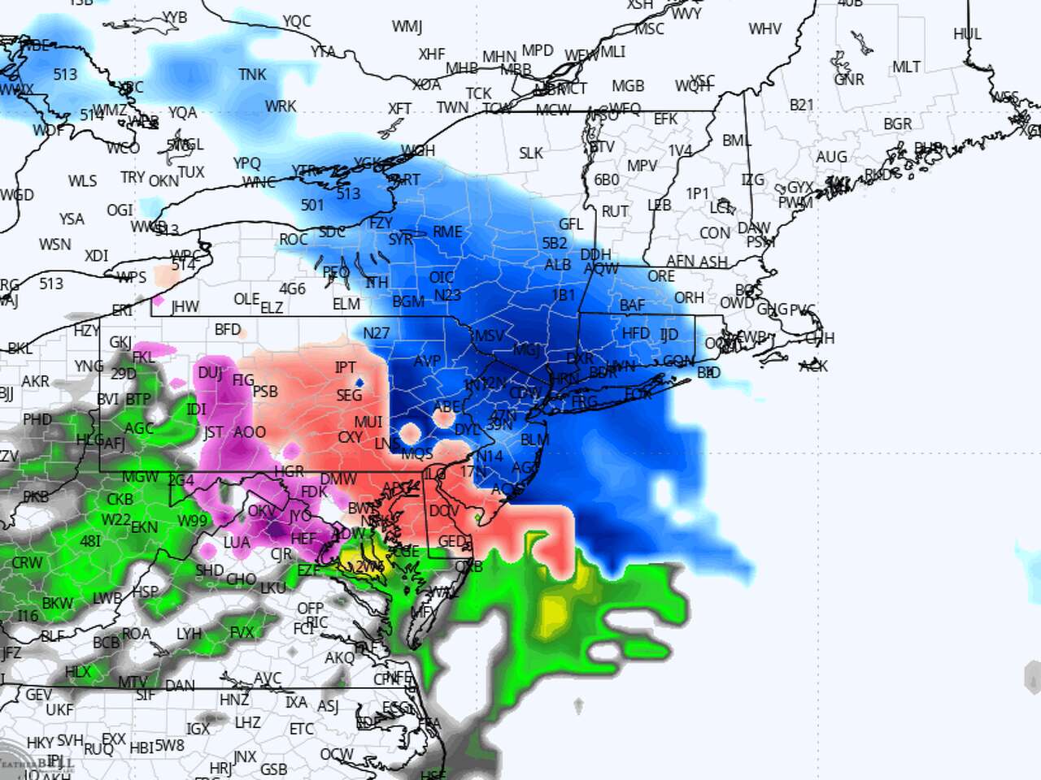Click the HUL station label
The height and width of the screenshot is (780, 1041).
[x=967, y=34]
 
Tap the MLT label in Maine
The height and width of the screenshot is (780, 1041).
[x=906, y=67]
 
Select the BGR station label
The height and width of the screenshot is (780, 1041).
[x=898, y=124]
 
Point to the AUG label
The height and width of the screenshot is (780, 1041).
[x=831, y=157]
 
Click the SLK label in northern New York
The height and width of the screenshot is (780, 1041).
[x=530, y=153]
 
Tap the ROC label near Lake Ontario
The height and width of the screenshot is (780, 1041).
[x=293, y=240]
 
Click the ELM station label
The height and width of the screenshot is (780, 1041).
[x=346, y=304]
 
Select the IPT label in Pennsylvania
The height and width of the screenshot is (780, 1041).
[x=346, y=368]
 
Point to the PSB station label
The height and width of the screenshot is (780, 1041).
[x=265, y=392]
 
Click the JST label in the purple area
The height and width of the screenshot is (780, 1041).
[x=213, y=432]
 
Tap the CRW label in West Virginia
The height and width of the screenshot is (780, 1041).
[x=27, y=562]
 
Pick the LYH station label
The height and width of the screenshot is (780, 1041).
[x=189, y=633]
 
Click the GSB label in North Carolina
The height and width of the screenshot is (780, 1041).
[x=273, y=769]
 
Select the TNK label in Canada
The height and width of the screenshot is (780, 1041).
[x=252, y=75]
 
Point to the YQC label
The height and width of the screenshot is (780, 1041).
[x=296, y=21]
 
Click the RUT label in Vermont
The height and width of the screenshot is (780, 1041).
[x=615, y=211]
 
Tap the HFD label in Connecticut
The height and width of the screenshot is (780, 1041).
[x=635, y=333]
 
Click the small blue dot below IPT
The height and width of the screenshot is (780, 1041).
[x=359, y=381]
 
